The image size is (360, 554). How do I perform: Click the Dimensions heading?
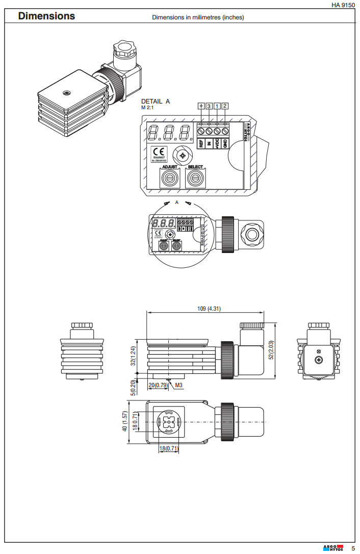pyautogui.click(x=46, y=16)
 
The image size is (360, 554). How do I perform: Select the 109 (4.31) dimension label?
pyautogui.click(x=209, y=309)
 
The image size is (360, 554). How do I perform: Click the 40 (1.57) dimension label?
pyautogui.click(x=124, y=421)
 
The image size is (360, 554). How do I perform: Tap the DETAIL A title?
pyautogui.click(x=156, y=102)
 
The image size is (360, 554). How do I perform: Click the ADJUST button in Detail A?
pyautogui.click(x=169, y=178)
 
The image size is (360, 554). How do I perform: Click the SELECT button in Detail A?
pyautogui.click(x=195, y=178)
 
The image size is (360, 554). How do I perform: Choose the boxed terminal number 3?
pyautogui.click(x=209, y=106)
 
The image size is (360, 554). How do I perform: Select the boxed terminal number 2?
pyautogui.click(x=225, y=106)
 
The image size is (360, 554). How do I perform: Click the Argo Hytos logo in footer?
pyautogui.click(x=333, y=548)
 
